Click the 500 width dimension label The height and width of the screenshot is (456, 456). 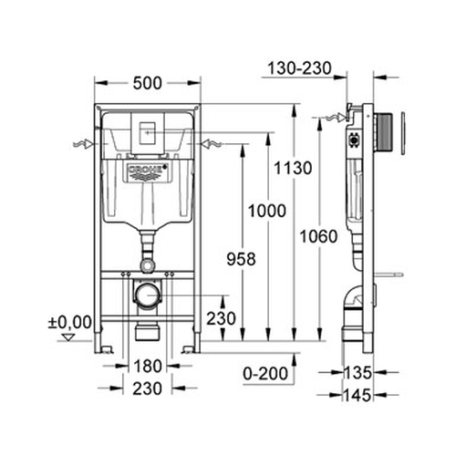[x=146, y=83]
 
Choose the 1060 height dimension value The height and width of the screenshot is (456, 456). [x=319, y=236]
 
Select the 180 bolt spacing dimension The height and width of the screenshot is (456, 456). [x=147, y=367]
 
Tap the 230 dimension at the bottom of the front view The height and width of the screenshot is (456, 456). [x=147, y=389]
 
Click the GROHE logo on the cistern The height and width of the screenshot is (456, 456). [x=146, y=172]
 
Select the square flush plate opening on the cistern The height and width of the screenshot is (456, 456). [x=147, y=131]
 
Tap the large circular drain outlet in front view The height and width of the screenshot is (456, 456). [x=146, y=295]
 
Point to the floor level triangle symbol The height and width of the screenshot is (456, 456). [x=64, y=337]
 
